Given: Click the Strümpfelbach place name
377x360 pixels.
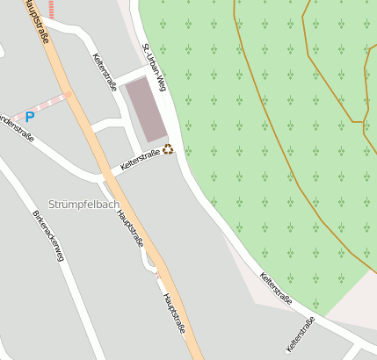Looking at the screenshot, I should coord(84,205).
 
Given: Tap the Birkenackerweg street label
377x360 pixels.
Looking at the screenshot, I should coord(48,241).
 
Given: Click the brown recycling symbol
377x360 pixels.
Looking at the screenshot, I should coord(168,149).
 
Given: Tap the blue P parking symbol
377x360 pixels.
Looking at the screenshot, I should coord(30,116).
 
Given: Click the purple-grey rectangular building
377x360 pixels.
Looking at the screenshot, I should coord(147,109).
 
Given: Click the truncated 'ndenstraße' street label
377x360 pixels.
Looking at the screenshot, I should coord(17,128).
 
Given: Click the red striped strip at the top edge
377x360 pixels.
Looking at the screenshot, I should coord(52,9).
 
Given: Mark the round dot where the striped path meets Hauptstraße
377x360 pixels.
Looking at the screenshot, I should coord(68,92).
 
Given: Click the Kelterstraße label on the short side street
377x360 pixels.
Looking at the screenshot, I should coord(300,335).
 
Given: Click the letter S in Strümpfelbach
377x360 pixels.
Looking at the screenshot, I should coord(54,205).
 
